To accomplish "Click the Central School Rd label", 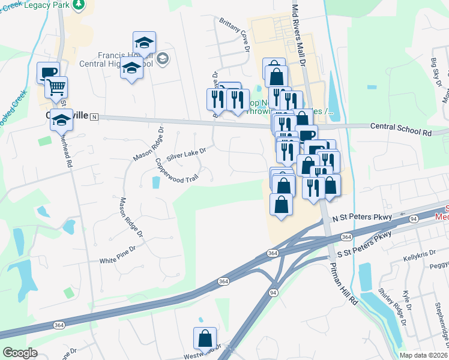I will (401, 127).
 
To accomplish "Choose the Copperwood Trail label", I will (176, 171).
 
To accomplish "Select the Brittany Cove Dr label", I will (234, 37).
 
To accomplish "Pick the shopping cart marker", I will (56, 88).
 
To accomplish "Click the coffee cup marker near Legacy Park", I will (48, 73).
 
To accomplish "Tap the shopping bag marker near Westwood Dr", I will (205, 339).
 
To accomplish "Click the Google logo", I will (19, 353).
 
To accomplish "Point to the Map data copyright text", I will (423, 355).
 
